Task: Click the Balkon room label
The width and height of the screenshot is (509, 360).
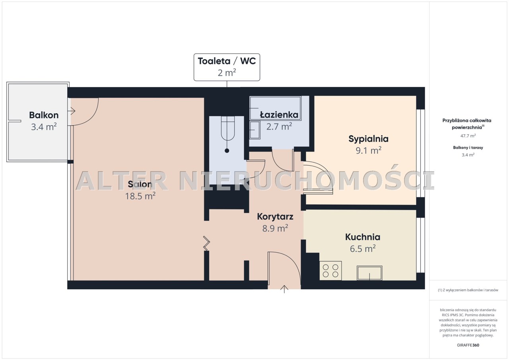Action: tap(44, 115)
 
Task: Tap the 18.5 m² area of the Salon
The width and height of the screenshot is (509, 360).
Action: tap(140, 196)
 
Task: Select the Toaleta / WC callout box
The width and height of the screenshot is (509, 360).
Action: tap(227, 67)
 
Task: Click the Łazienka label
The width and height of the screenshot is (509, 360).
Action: tap(279, 114)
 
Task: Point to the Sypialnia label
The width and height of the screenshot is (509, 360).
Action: tap(368, 139)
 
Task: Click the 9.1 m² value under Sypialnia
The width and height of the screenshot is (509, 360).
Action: tap(368, 151)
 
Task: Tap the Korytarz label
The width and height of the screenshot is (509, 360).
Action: tap(275, 217)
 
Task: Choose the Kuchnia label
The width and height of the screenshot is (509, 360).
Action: tap(363, 237)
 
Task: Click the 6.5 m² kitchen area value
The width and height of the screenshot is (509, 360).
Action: tap(363, 249)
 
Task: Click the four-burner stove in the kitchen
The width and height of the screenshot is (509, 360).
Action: tap(330, 271)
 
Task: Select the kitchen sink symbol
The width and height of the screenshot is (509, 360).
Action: tap(369, 273)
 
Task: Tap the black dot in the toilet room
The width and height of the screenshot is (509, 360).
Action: tap(227, 151)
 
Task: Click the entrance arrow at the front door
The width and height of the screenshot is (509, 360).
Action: tap(284, 289)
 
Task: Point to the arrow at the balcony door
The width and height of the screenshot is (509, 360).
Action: tap(73, 111)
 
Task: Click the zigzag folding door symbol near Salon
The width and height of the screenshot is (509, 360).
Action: tap(206, 243)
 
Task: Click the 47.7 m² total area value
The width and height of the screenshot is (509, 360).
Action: tap(468, 136)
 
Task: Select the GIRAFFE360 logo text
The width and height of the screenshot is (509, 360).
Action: tap(468, 345)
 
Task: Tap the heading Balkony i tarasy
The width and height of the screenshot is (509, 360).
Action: tap(468, 147)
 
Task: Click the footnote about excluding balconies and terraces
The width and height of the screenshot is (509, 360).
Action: tap(468, 290)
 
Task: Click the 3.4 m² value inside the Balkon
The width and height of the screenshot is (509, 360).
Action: tap(44, 127)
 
